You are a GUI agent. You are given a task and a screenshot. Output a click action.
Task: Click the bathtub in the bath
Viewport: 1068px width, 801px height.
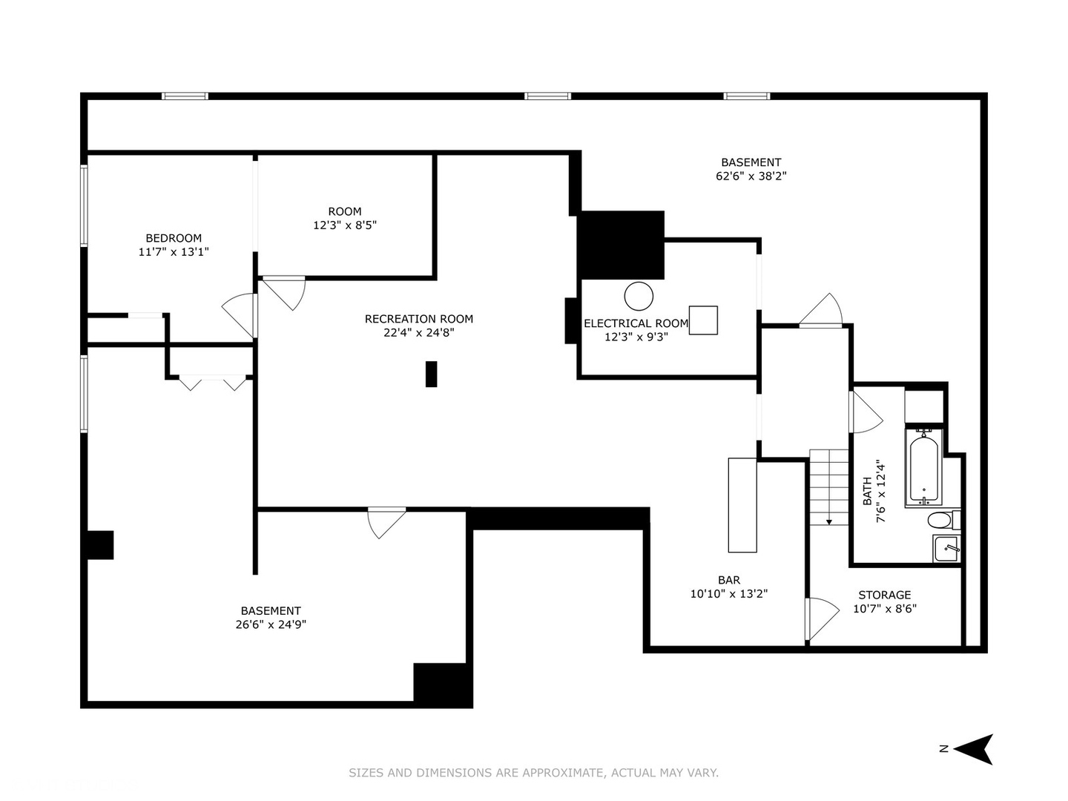923,467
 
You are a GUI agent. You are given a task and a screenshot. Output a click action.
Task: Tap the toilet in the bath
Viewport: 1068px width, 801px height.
943,520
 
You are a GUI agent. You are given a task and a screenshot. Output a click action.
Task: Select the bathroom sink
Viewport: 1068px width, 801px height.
946,549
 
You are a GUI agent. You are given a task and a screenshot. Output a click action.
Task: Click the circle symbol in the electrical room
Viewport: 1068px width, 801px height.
639,296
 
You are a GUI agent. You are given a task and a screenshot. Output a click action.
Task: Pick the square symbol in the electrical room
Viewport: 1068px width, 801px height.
703,320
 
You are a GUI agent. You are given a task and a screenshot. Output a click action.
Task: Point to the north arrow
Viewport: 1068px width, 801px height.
973,749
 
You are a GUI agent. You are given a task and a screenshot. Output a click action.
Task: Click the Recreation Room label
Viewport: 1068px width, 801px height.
419,319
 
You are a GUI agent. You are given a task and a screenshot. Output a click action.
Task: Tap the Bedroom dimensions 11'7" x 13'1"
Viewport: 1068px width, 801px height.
174,252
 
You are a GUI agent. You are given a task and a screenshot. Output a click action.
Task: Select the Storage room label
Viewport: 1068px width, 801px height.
885,595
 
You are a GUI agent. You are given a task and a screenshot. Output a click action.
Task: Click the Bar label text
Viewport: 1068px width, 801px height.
729,580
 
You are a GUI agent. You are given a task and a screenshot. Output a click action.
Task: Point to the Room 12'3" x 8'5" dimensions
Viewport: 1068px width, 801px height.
345,225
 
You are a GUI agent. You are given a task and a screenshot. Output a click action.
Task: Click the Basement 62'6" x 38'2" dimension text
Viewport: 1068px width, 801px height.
751,176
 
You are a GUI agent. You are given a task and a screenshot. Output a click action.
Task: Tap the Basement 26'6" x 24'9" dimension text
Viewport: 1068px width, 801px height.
271,624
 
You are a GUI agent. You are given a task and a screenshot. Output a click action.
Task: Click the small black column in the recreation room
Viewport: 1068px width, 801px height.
431,374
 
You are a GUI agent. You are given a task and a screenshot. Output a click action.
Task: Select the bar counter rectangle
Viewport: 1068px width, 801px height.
742,505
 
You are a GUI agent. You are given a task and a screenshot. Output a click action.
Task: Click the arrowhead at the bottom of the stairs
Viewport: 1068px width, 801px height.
829,522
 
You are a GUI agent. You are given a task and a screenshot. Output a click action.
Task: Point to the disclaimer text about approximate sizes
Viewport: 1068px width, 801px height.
533,773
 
